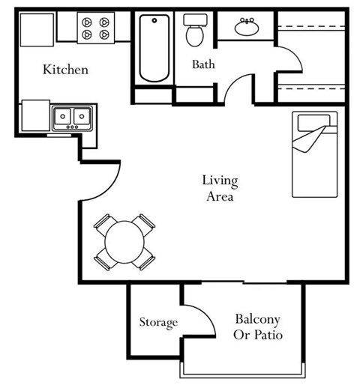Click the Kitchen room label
[x=65, y=70]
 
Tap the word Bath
[x=203, y=64]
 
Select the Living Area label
[x=219, y=189]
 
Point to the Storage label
[x=158, y=323]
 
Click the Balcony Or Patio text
[x=258, y=327]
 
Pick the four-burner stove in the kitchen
[x=96, y=28]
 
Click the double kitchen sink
[x=73, y=116]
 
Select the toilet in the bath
[x=196, y=32]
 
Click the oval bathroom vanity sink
[x=247, y=28]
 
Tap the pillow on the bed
[x=309, y=121]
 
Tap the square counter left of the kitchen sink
[x=35, y=116]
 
